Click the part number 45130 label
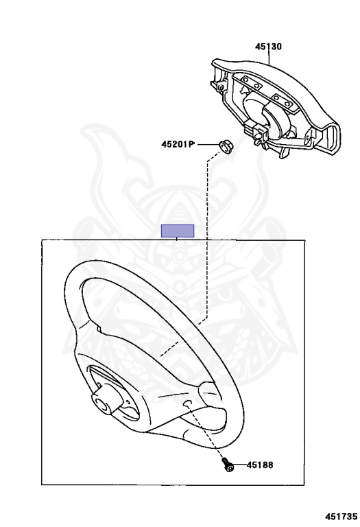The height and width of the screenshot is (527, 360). (268, 47)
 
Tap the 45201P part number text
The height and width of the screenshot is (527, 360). (178, 144)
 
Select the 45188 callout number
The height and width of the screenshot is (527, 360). (260, 465)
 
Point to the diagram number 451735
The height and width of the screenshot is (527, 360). (341, 516)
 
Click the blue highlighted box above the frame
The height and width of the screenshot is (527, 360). (178, 231)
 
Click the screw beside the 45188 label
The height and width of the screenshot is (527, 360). (227, 465)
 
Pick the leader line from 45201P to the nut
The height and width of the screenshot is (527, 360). (208, 145)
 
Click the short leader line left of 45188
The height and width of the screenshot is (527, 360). (239, 465)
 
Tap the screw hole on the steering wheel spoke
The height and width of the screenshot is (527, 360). (187, 403)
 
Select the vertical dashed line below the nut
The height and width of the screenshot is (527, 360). (208, 239)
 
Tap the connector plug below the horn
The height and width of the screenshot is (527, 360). (257, 132)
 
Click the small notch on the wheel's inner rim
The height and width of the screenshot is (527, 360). (98, 329)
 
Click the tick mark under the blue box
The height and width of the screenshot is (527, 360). (177, 239)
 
